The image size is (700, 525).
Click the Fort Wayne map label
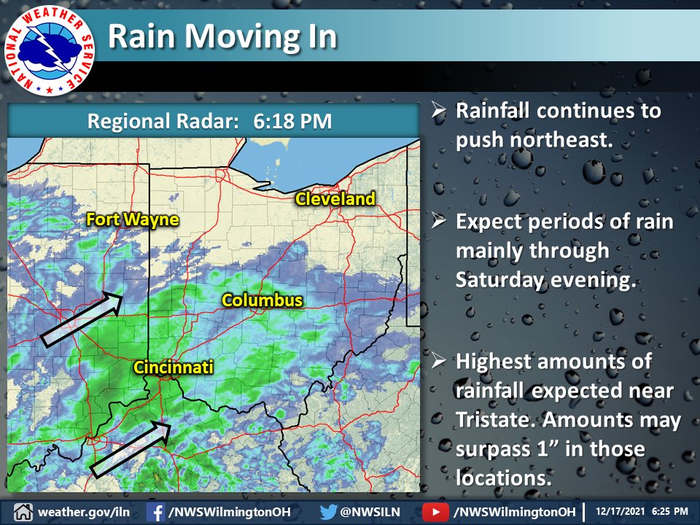coord(132,219)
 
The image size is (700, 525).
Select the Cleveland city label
coord(335,199)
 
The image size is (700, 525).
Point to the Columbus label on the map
coord(262,300)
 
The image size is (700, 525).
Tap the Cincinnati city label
coord(173,367)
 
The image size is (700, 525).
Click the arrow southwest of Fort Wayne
coord(80,318)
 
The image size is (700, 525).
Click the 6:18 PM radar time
coord(292,121)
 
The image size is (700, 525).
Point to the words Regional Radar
coord(163,121)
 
